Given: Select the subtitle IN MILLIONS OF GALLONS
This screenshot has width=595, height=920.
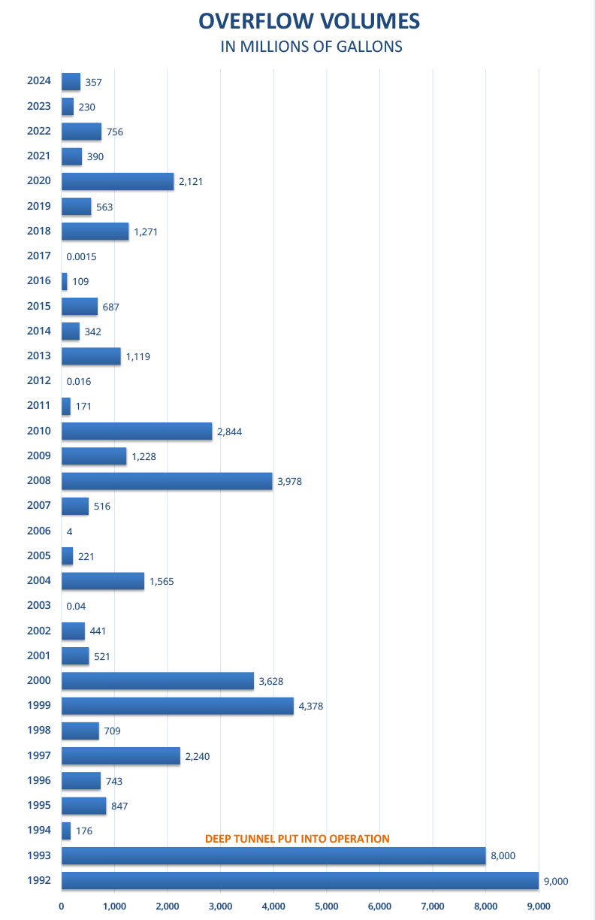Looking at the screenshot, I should pyautogui.click(x=311, y=47).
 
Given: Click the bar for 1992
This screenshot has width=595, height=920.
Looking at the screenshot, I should pyautogui.click(x=300, y=881).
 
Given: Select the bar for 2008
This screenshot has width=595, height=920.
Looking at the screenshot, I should pyautogui.click(x=167, y=481).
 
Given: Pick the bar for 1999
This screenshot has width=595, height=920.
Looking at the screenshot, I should pyautogui.click(x=177, y=706).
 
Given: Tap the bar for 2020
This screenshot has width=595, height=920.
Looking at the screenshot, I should pyautogui.click(x=117, y=181).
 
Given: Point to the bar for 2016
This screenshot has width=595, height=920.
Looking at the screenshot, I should pyautogui.click(x=65, y=281).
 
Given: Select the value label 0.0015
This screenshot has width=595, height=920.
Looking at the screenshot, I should pyautogui.click(x=81, y=256).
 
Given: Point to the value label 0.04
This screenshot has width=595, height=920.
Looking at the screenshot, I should pyautogui.click(x=76, y=606).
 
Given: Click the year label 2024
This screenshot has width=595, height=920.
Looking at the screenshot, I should pyautogui.click(x=38, y=81).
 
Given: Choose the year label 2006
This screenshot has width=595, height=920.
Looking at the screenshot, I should pyautogui.click(x=38, y=531).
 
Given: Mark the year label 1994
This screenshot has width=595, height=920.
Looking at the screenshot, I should pyautogui.click(x=38, y=831).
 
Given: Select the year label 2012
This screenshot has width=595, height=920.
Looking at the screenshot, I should pyautogui.click(x=38, y=381).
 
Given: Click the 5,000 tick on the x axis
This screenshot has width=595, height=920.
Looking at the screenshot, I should pyautogui.click(x=327, y=906).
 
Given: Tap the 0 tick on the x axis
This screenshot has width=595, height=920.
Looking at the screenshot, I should pyautogui.click(x=62, y=906).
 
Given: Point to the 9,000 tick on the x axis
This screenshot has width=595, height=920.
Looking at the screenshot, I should pyautogui.click(x=539, y=906).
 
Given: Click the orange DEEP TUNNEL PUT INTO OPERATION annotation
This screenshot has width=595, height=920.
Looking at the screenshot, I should pyautogui.click(x=297, y=838).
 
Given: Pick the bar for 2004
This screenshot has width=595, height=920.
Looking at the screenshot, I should pyautogui.click(x=103, y=581).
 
